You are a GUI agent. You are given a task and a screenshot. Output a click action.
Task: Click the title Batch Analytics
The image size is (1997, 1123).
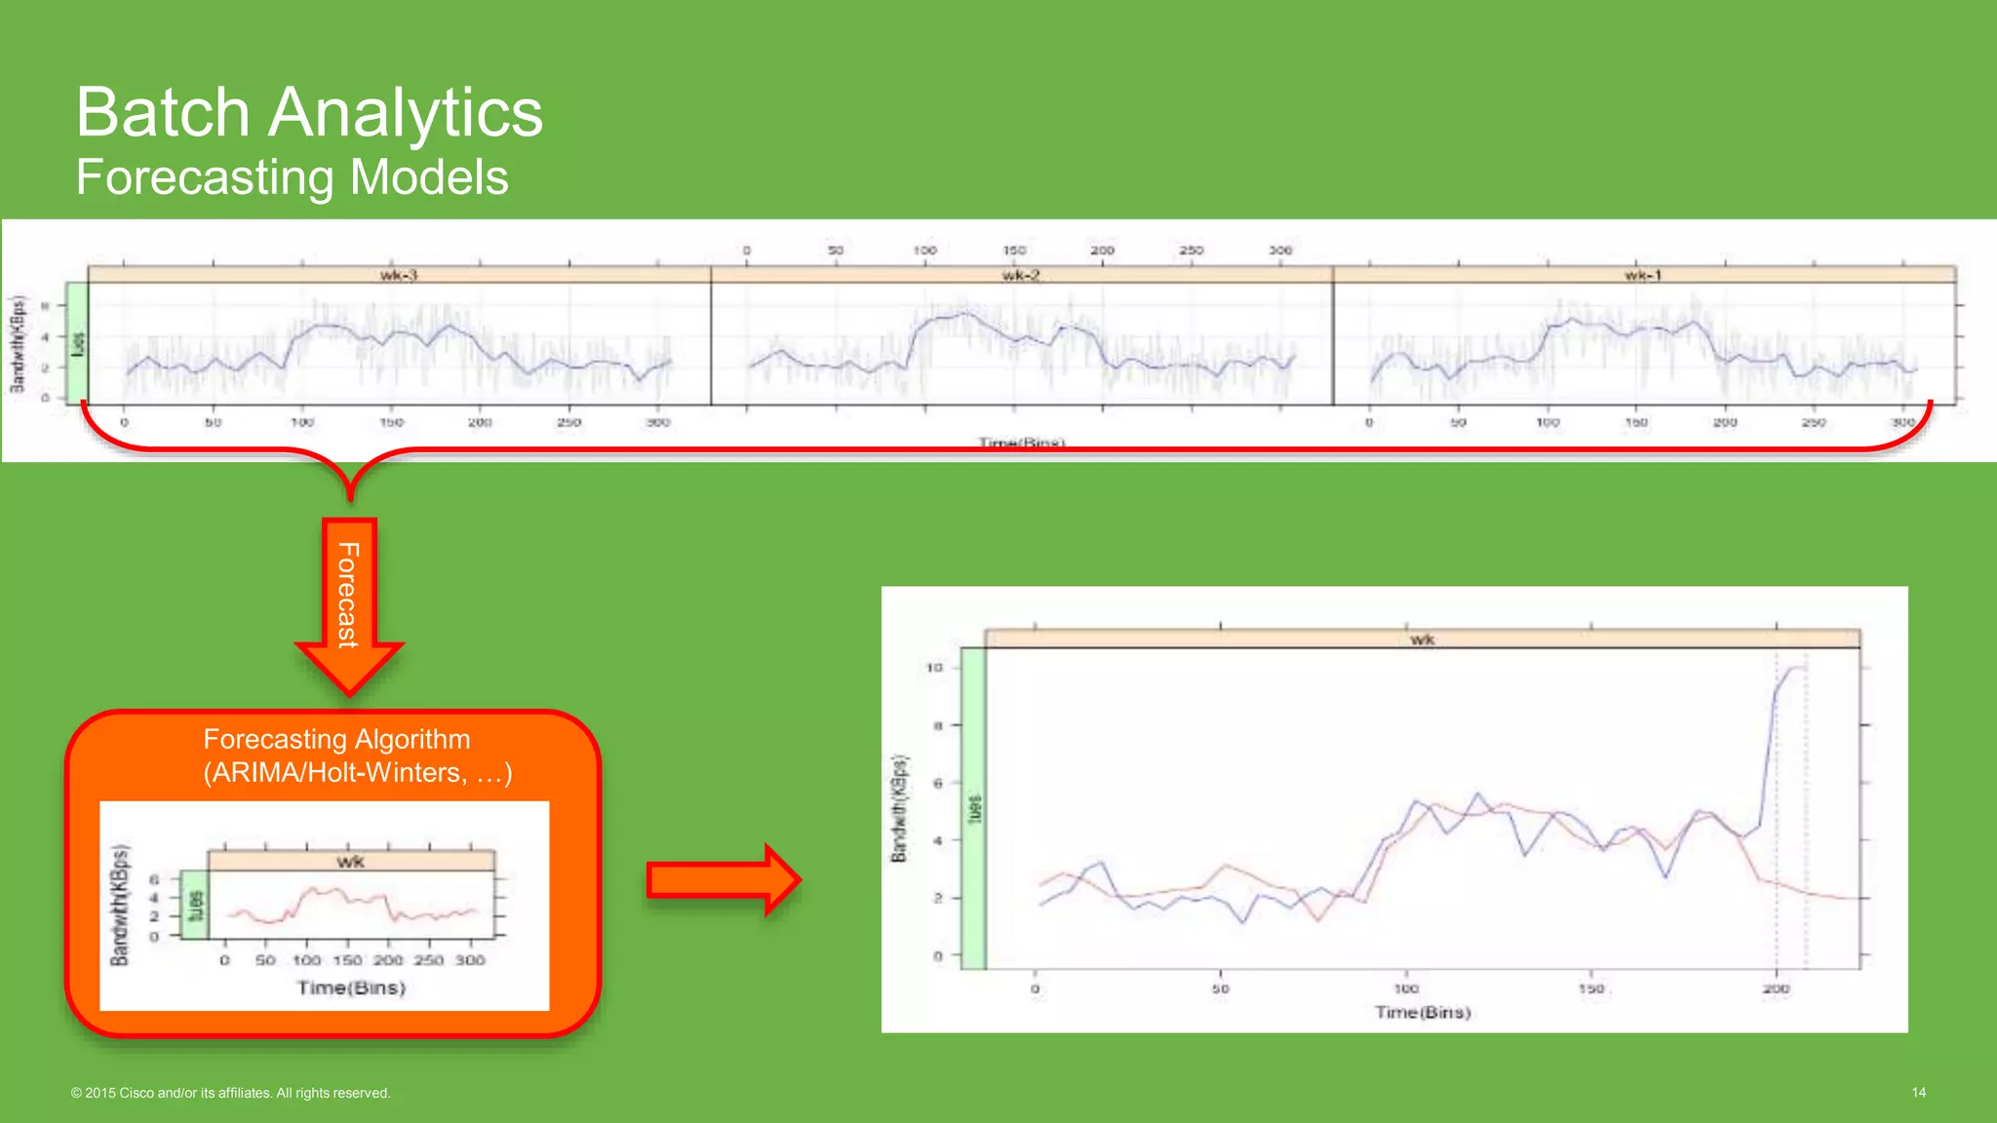pyautogui.click(x=309, y=112)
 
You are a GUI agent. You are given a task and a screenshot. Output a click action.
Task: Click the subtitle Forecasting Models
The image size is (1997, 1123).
pyautogui.click(x=293, y=177)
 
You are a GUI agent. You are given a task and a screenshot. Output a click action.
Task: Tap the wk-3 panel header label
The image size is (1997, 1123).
pyautogui.click(x=399, y=275)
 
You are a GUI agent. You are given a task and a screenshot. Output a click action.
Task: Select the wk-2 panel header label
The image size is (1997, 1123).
pyautogui.click(x=1021, y=275)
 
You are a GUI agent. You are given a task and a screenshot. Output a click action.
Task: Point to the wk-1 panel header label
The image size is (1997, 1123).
pyautogui.click(x=1643, y=275)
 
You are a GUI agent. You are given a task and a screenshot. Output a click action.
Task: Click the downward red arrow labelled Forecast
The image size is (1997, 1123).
pyautogui.click(x=349, y=604)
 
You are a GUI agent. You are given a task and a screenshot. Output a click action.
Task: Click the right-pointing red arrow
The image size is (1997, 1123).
pyautogui.click(x=723, y=880)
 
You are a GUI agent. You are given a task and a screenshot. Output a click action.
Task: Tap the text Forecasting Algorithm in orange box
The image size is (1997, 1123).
pyautogui.click(x=336, y=739)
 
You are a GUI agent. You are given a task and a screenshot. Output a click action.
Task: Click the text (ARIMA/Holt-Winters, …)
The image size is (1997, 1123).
pyautogui.click(x=358, y=773)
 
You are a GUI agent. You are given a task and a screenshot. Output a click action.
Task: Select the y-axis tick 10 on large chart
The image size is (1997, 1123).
pyautogui.click(x=934, y=668)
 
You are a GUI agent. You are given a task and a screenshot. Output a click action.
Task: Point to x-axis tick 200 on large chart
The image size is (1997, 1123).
pyautogui.click(x=1776, y=988)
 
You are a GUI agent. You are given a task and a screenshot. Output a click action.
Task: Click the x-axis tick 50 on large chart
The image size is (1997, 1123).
pyautogui.click(x=1220, y=988)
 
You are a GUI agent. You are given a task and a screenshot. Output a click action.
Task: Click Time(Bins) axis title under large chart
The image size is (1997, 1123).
pyautogui.click(x=1423, y=1013)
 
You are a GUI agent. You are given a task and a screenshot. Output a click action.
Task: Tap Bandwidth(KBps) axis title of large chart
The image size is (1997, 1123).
pyautogui.click(x=899, y=808)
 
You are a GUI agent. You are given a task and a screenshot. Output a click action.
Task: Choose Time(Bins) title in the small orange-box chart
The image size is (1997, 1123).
pyautogui.click(x=351, y=987)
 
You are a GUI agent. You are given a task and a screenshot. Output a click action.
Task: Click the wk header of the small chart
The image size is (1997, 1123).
pyautogui.click(x=351, y=862)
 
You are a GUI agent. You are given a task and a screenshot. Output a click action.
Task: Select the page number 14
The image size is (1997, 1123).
pyautogui.click(x=1918, y=1093)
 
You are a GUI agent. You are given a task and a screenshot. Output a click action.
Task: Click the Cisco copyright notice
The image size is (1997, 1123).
pyautogui.click(x=231, y=1093)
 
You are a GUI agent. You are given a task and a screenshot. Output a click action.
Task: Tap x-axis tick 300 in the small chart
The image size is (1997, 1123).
pyautogui.click(x=470, y=960)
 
